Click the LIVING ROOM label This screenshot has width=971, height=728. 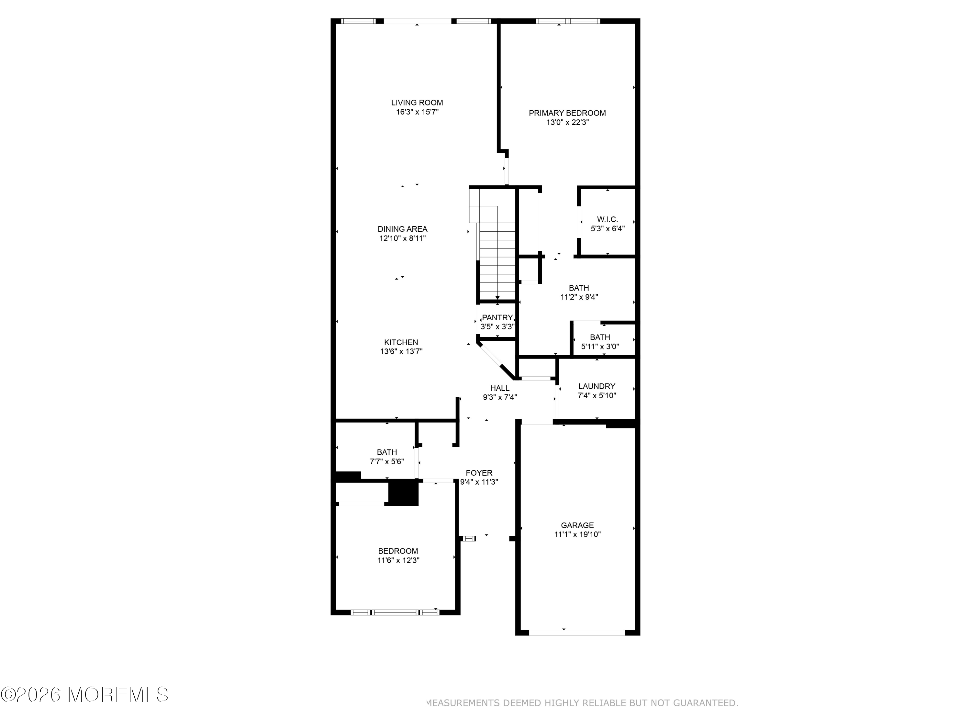(417, 103)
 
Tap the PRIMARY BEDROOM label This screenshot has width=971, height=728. (567, 113)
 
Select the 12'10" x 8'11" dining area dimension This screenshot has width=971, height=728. (403, 238)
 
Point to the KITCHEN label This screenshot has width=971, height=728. (401, 342)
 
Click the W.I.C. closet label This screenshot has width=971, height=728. (608, 219)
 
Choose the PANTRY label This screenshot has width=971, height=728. (497, 318)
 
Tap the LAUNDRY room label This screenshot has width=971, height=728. (597, 386)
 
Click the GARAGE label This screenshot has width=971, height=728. (577, 525)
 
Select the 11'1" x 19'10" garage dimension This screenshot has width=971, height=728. (577, 535)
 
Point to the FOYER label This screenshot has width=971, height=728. (479, 473)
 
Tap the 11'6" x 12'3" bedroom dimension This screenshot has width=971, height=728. (398, 560)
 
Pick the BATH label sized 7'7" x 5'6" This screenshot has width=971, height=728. (387, 452)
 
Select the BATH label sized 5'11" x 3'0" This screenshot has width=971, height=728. (600, 337)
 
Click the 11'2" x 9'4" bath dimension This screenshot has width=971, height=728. (579, 297)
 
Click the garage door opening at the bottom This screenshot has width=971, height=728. (577, 633)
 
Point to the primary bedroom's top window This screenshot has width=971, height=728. (568, 21)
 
